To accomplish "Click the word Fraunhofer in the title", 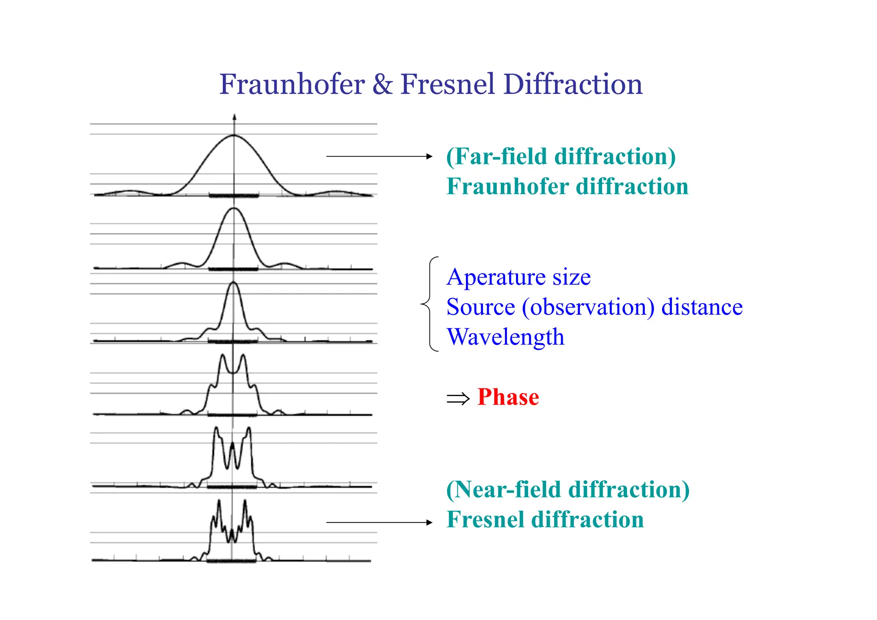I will pyautogui.click(x=292, y=84).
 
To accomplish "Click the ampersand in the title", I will pyautogui.click(x=382, y=84).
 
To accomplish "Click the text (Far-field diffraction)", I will pyautogui.click(x=561, y=156).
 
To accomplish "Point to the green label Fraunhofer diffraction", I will pyautogui.click(x=567, y=186).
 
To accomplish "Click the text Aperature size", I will pyautogui.click(x=519, y=277).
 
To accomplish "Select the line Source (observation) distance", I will pyautogui.click(x=594, y=307).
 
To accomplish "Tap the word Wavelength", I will pyautogui.click(x=505, y=337).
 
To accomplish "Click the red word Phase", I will pyautogui.click(x=508, y=397).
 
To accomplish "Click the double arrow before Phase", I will pyautogui.click(x=458, y=399).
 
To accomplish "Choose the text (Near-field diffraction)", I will pyautogui.click(x=568, y=489).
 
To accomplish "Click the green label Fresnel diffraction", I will pyautogui.click(x=545, y=519).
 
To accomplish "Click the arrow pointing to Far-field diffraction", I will pyautogui.click(x=379, y=156).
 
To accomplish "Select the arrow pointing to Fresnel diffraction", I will pyautogui.click(x=379, y=522).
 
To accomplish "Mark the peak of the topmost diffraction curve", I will pyautogui.click(x=234, y=135).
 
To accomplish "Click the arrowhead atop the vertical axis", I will pyautogui.click(x=234, y=117).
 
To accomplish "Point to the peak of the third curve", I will pyautogui.click(x=233, y=283).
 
